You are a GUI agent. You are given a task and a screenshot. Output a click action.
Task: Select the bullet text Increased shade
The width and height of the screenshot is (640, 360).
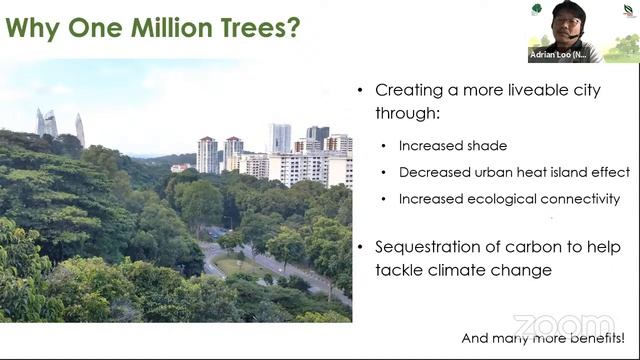[452, 146]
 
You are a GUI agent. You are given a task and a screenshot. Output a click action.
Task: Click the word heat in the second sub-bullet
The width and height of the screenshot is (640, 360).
[534, 172]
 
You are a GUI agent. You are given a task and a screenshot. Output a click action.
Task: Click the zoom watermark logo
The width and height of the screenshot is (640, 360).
[564, 326]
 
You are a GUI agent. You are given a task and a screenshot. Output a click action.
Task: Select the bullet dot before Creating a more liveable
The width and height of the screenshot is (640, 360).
[361, 91]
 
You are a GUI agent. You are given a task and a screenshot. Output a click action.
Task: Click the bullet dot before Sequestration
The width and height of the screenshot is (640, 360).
[361, 247]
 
